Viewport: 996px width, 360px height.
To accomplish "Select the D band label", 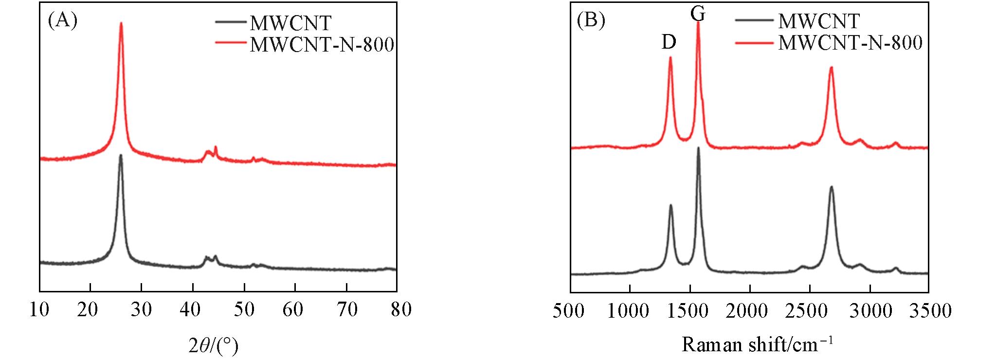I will (669, 43).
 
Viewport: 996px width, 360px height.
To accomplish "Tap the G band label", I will (698, 15).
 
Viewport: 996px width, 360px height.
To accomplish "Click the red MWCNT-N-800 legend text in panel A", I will (322, 45).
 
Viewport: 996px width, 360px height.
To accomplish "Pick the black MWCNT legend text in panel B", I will (819, 21).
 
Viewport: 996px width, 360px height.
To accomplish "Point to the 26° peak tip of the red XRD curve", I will (121, 23).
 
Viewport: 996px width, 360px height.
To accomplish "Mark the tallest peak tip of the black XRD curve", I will (121, 156).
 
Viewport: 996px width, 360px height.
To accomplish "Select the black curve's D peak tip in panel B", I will (671, 205).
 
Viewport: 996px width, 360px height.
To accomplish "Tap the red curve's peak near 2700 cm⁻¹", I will (831, 68).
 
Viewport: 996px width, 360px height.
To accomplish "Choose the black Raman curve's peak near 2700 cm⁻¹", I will (831, 187).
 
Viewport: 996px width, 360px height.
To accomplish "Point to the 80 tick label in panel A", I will (401, 309).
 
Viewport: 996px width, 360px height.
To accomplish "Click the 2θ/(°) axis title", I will (213, 345).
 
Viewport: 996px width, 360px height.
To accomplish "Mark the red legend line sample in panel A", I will (231, 43).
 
